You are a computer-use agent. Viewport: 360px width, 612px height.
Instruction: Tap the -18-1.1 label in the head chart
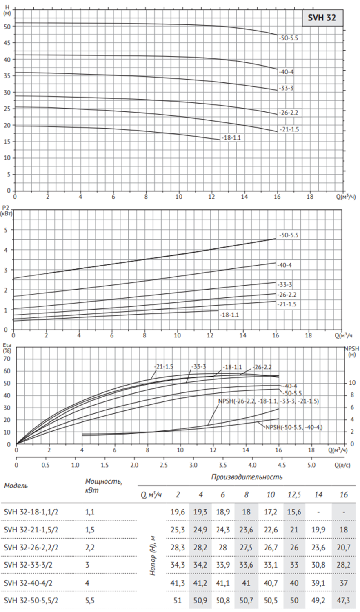(231, 138)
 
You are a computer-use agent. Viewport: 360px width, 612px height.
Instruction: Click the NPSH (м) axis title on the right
(350, 352)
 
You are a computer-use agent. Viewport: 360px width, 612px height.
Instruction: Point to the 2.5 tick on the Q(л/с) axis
(164, 465)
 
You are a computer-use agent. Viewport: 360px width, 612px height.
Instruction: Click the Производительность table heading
(247, 477)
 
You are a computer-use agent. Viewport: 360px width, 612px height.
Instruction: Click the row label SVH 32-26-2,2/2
(31, 547)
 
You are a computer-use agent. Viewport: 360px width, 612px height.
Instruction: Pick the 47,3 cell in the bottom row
(343, 601)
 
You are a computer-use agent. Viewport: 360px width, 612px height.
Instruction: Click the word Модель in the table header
(16, 486)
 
